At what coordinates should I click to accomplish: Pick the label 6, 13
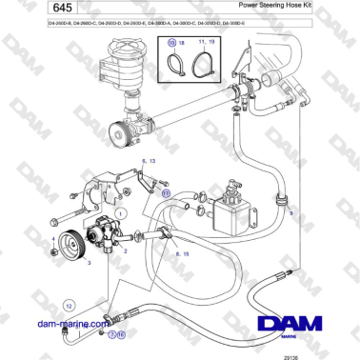[149, 162]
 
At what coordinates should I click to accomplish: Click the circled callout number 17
[165, 191]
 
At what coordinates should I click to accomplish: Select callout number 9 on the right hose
[291, 214]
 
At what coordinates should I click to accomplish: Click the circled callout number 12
[69, 305]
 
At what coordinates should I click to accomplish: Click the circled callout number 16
[121, 335]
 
